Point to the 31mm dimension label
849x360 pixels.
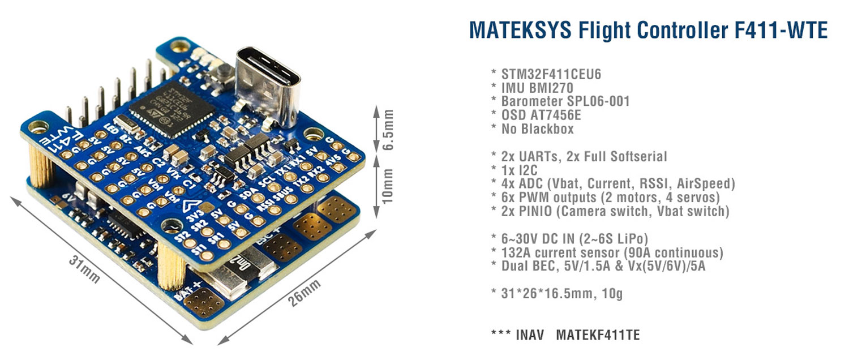pos(85,269)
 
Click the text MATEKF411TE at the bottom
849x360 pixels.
pos(598,335)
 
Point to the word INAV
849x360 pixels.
pos(531,335)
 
